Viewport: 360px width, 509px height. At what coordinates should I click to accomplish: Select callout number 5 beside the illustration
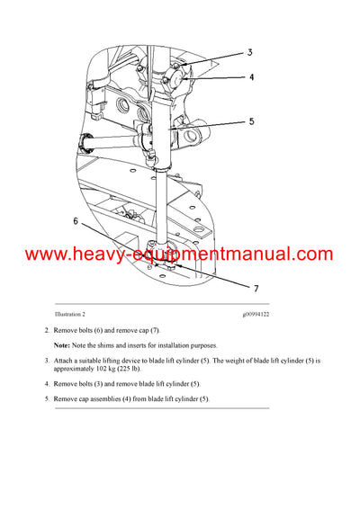[x=252, y=121]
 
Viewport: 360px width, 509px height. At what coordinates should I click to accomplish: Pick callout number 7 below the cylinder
[x=256, y=290]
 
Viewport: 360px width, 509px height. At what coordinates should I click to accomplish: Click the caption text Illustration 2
[x=72, y=314]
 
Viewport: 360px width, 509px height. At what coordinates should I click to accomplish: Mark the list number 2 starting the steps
[x=46, y=331]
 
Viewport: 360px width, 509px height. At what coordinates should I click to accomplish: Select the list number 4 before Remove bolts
[x=46, y=384]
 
